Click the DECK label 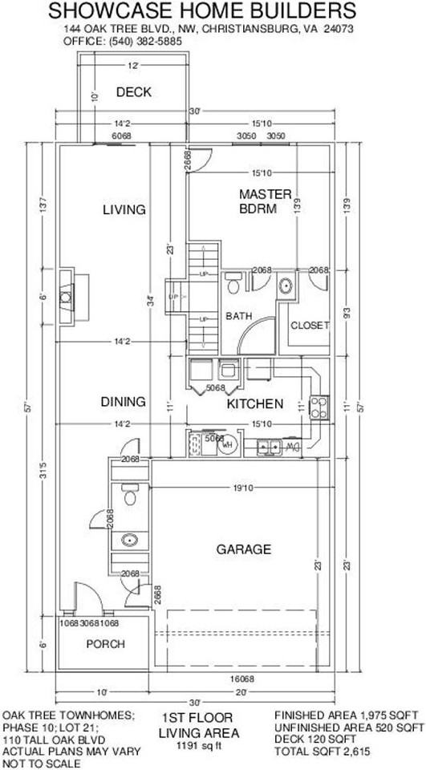pyautogui.click(x=133, y=92)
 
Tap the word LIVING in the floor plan pyautogui.click(x=124, y=210)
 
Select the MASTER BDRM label pyautogui.click(x=258, y=201)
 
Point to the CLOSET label pyautogui.click(x=310, y=326)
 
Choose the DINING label pyautogui.click(x=123, y=401)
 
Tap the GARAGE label pyautogui.click(x=243, y=549)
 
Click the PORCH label pyautogui.click(x=106, y=644)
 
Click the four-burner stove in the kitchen pyautogui.click(x=319, y=407)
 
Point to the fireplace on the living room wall pyautogui.click(x=65, y=294)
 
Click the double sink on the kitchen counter pyautogui.click(x=268, y=446)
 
